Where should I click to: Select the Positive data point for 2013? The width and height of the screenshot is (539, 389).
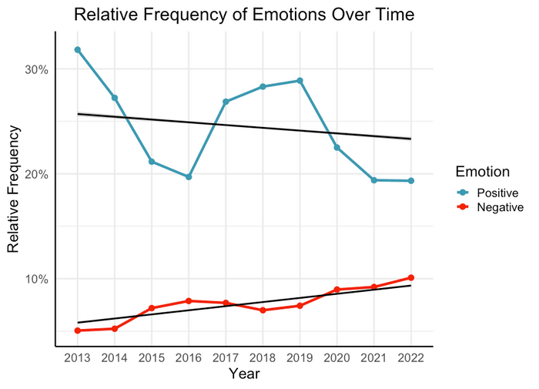77,49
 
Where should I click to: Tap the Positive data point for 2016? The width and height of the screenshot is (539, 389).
189,176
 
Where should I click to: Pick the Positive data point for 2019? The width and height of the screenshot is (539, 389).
300,80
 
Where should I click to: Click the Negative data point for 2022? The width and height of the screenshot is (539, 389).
411,277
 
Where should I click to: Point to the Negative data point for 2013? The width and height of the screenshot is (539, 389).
77,330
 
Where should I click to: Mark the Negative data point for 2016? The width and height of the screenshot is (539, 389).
189,301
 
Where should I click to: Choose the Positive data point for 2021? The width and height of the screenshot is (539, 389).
374,180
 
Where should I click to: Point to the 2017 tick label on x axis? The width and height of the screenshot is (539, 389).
226,358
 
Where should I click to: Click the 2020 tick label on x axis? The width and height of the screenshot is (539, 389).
336,358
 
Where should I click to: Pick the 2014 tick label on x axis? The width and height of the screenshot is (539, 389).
114,358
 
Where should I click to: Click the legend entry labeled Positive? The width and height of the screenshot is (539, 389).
489,192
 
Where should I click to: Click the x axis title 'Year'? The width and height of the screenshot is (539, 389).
244,374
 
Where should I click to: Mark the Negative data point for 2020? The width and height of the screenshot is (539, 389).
336,290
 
